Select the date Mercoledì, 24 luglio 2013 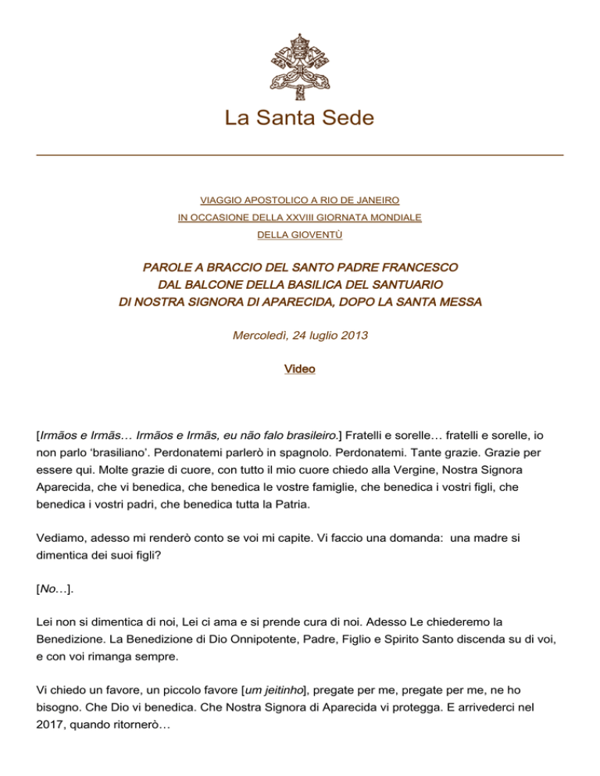300,336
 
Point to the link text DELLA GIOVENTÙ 300,233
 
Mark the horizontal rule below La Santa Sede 300,155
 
